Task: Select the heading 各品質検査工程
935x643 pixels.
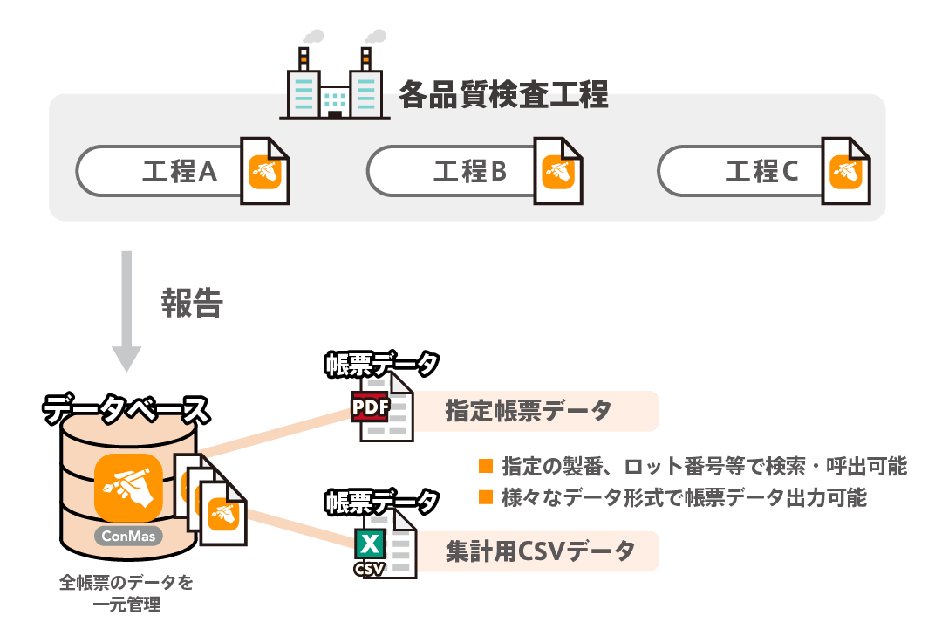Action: pyautogui.click(x=503, y=95)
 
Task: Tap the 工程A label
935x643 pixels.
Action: pyautogui.click(x=180, y=171)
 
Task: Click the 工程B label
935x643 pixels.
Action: pyautogui.click(x=470, y=171)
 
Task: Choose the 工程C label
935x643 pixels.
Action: pyautogui.click(x=761, y=171)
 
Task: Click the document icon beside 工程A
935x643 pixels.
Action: pyautogui.click(x=265, y=171)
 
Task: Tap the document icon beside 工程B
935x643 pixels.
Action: pyautogui.click(x=558, y=171)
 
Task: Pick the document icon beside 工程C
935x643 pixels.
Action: pyautogui.click(x=846, y=171)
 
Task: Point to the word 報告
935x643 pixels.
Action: pyautogui.click(x=193, y=303)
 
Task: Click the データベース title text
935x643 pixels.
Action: pyautogui.click(x=127, y=409)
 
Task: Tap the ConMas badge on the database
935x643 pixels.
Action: pyautogui.click(x=128, y=535)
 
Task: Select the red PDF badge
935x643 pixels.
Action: pyautogui.click(x=370, y=407)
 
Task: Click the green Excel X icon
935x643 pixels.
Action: pyautogui.click(x=370, y=545)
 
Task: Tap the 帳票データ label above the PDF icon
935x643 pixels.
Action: pyautogui.click(x=382, y=364)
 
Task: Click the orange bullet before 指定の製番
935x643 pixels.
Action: pyautogui.click(x=486, y=465)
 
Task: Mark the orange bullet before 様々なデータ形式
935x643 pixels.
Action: pyautogui.click(x=486, y=497)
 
